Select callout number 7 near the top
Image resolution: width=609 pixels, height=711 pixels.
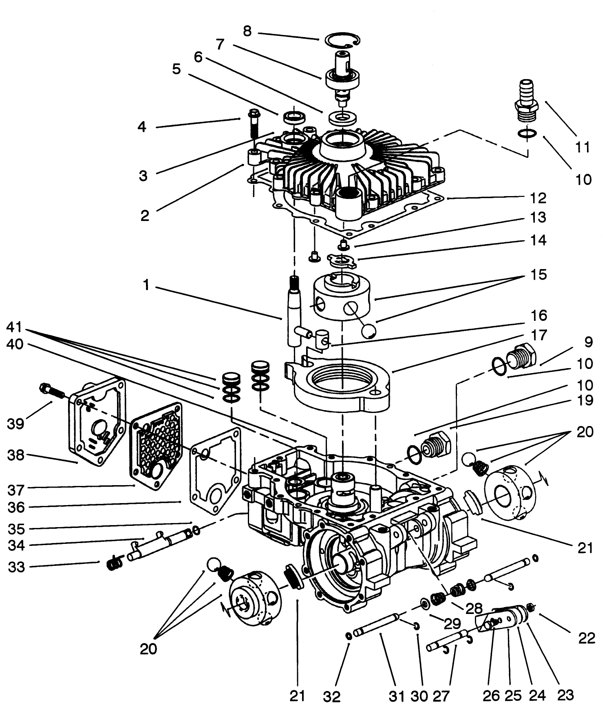coord(220,44)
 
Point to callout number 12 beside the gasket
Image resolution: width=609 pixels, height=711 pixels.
coord(538,199)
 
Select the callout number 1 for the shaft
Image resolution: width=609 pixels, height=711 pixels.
coord(146,285)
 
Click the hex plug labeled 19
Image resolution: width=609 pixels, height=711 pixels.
coord(436,446)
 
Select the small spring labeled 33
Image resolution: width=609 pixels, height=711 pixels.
coord(114,564)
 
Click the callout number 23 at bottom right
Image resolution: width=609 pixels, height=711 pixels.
coord(565,695)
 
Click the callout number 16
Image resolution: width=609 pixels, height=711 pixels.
coord(538,316)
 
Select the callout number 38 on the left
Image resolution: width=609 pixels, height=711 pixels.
coord(15,455)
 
